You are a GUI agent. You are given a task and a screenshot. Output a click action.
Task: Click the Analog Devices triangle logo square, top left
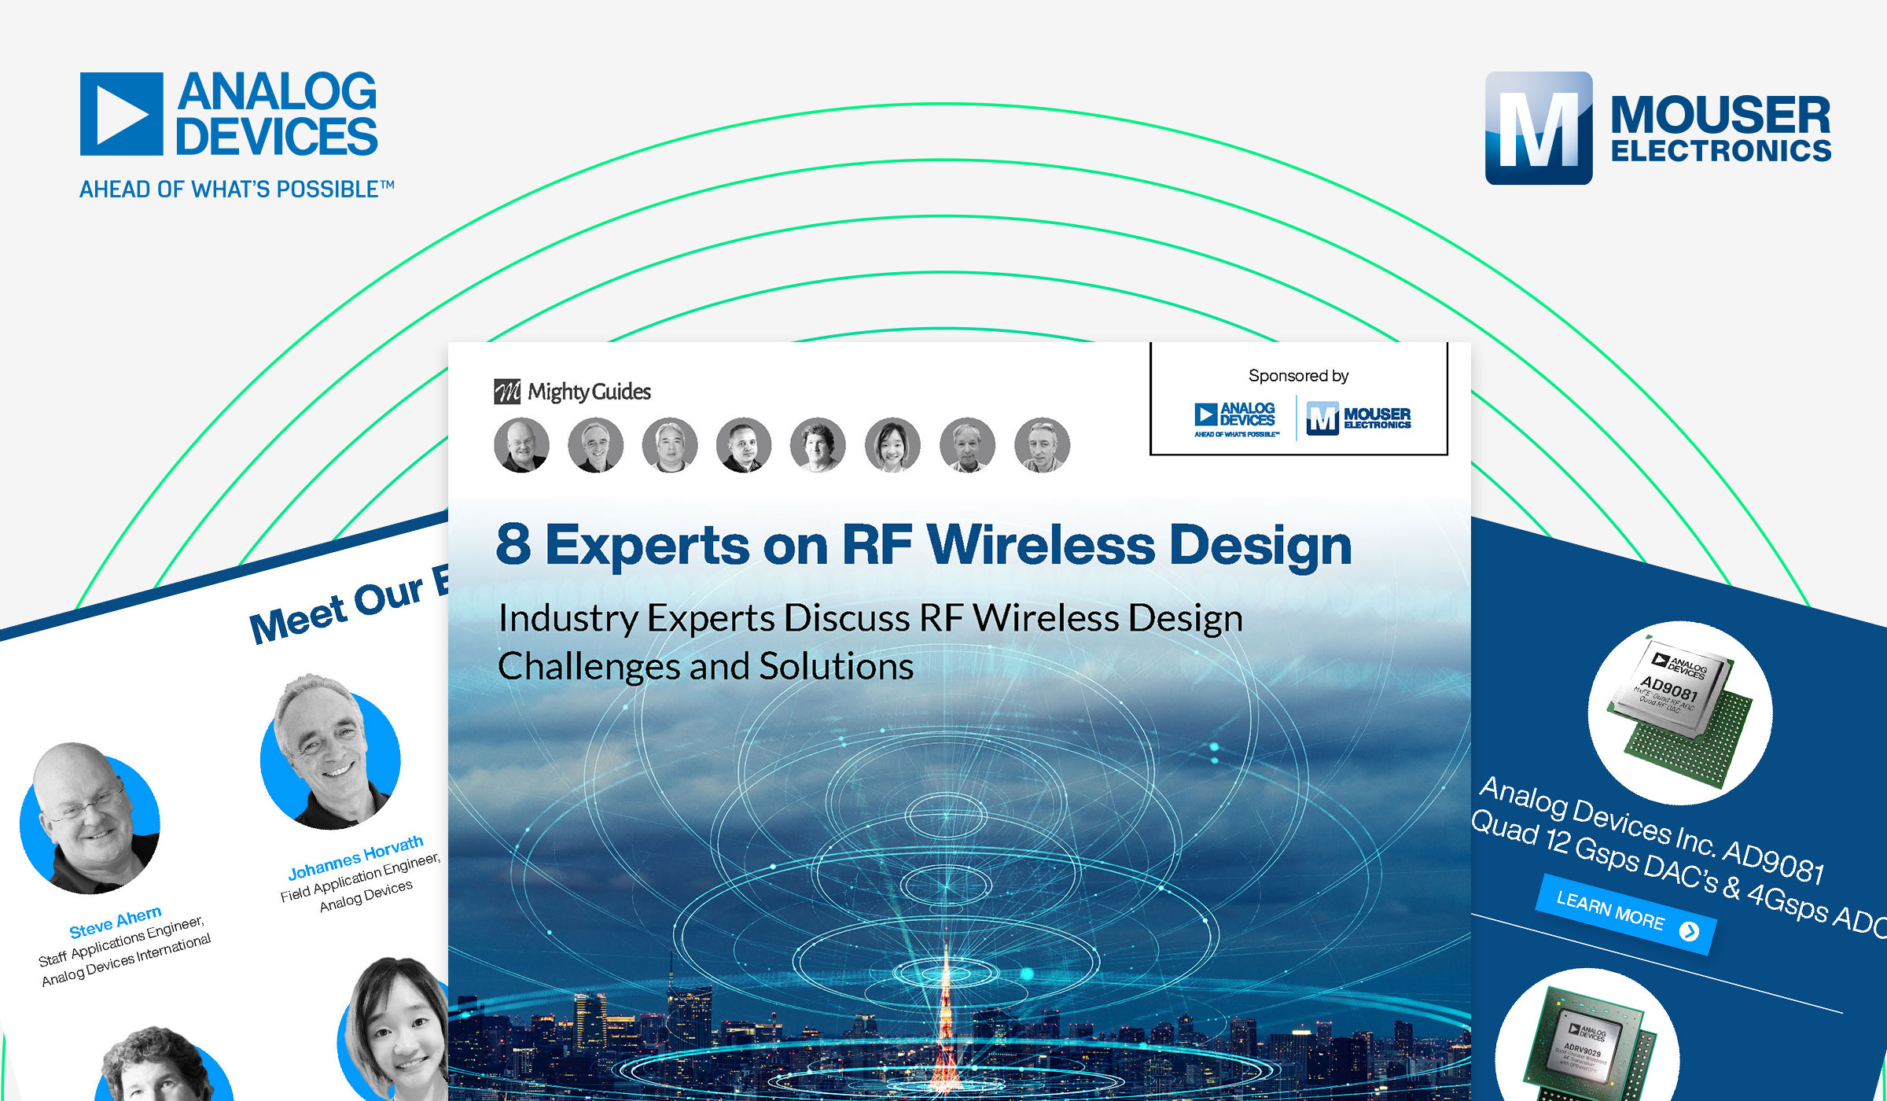(121, 114)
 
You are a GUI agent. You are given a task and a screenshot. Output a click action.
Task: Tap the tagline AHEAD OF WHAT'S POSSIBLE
(236, 190)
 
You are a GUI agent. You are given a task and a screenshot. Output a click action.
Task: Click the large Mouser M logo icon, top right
(1538, 128)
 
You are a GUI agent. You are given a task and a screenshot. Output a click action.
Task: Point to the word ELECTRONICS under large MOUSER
(1720, 151)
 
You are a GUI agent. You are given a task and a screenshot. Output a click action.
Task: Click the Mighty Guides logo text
(588, 392)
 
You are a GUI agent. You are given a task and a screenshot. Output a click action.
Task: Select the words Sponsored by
(1298, 376)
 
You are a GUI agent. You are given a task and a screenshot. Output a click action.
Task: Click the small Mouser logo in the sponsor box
(1359, 418)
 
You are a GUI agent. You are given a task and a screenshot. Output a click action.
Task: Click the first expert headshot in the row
(521, 445)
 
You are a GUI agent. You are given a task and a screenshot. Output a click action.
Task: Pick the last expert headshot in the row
(1042, 445)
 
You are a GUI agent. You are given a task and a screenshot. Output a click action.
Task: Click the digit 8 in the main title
(513, 544)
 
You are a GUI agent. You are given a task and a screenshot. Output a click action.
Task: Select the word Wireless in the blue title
(1041, 544)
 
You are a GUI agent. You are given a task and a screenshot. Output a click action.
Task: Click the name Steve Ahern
(116, 922)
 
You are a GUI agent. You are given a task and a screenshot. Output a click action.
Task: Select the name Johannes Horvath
(355, 858)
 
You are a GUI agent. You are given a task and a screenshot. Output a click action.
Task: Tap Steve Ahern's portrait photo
(90, 818)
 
